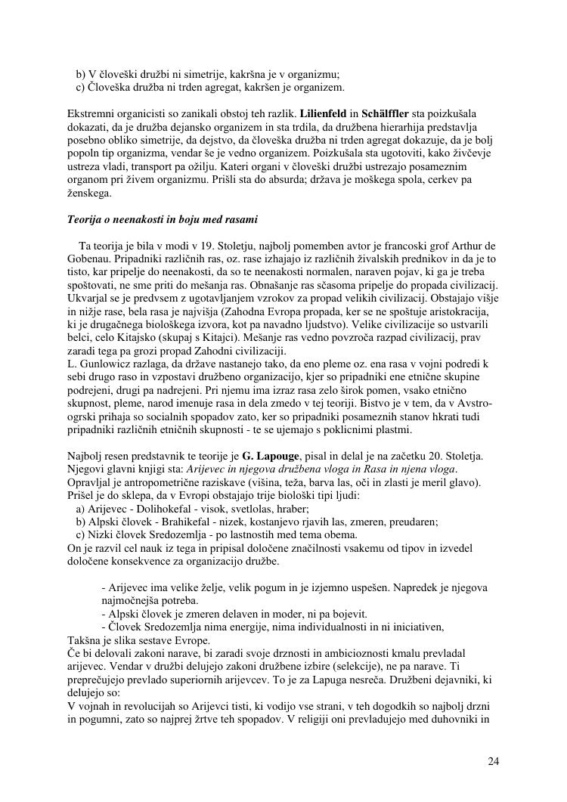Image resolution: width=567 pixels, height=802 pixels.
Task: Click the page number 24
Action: tap(493, 761)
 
